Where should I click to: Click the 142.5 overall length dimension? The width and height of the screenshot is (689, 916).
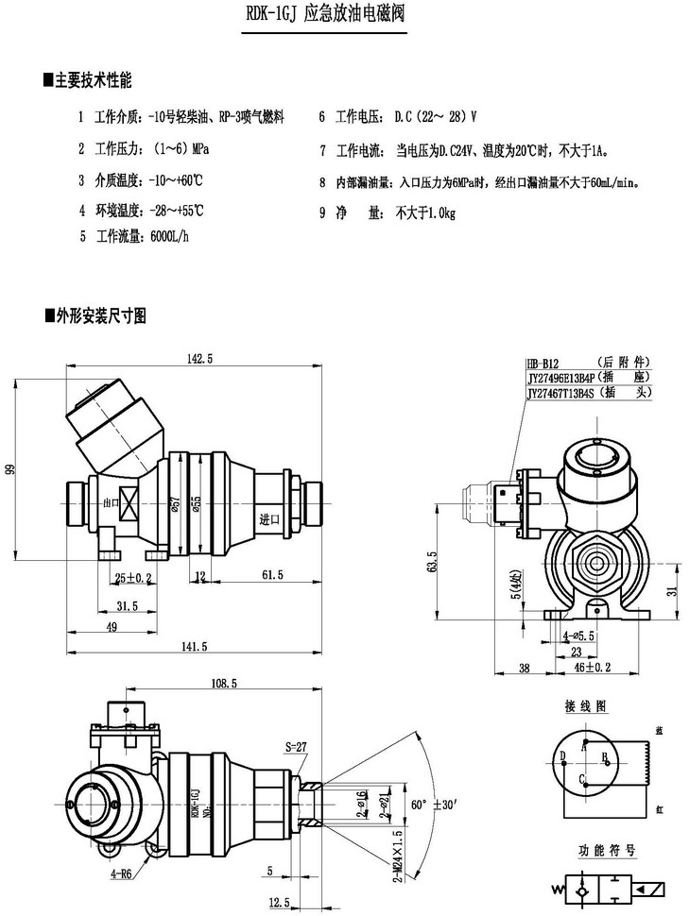[200, 358]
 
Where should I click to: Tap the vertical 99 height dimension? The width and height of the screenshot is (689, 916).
[10, 469]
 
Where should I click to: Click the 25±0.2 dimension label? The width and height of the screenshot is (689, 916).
[133, 577]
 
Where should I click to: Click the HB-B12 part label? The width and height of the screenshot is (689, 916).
[544, 362]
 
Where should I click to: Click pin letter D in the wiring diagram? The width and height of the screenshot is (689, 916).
[562, 755]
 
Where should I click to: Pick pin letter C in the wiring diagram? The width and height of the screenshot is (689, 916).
[582, 778]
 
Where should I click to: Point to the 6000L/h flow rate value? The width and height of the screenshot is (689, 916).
[170, 236]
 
